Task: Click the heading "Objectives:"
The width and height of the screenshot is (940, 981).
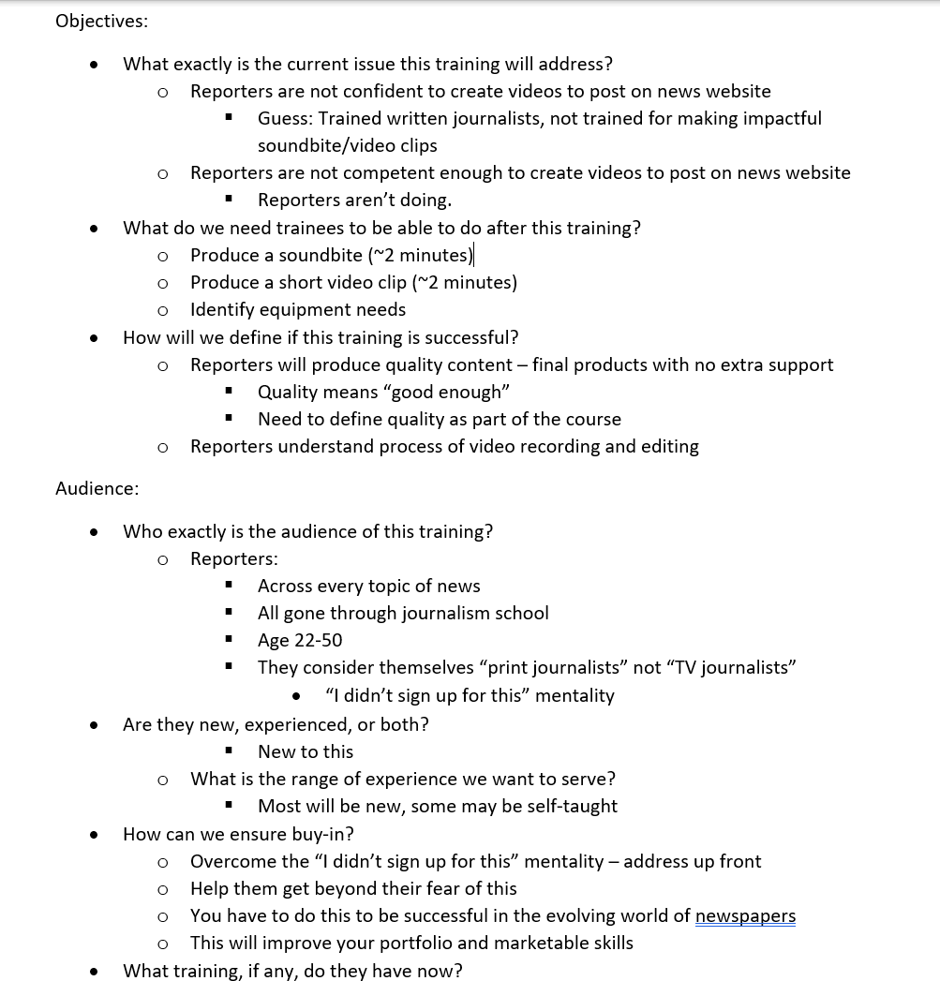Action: [x=101, y=21]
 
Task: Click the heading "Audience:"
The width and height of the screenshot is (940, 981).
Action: [x=97, y=488]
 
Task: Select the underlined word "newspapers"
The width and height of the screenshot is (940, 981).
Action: [x=745, y=916]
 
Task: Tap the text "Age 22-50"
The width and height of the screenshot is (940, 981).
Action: [x=300, y=641]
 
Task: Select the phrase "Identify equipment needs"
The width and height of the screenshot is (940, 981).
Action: [x=298, y=310]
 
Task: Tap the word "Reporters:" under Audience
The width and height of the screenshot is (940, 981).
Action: [x=233, y=559]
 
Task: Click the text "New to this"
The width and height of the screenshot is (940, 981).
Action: [x=306, y=752]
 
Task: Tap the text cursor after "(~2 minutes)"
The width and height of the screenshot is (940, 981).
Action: [x=474, y=255]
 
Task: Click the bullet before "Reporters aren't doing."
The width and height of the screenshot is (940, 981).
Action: [x=229, y=200]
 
